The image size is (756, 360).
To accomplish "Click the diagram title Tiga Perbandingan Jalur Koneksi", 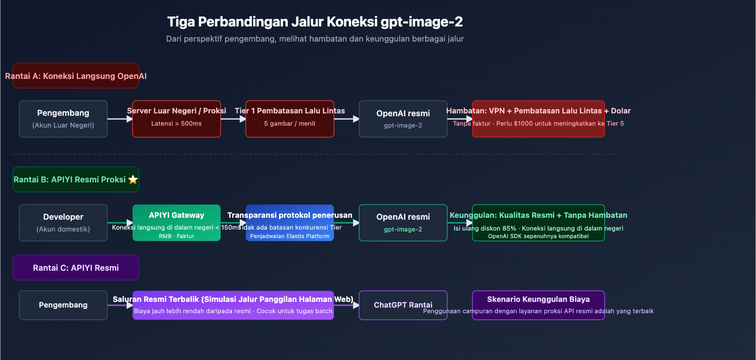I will click(x=315, y=22).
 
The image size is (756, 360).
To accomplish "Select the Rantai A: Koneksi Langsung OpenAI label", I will click(x=76, y=76).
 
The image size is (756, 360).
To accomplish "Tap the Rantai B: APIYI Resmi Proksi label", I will click(x=70, y=180).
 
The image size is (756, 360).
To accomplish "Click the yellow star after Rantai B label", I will click(x=133, y=180).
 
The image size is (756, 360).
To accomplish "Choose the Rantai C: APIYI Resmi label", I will click(x=76, y=268).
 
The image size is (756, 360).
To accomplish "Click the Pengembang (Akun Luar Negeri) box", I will click(x=63, y=119).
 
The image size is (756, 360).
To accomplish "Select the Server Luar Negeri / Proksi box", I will click(x=176, y=119).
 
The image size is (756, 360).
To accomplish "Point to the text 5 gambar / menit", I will click(x=290, y=124).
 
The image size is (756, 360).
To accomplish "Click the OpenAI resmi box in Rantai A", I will click(x=403, y=119).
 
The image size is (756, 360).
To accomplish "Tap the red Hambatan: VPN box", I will click(x=538, y=119).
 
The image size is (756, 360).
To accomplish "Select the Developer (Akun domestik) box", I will click(x=63, y=223).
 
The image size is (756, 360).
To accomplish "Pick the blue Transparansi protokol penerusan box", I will click(x=290, y=223).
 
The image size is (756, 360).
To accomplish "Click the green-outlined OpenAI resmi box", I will click(x=403, y=223).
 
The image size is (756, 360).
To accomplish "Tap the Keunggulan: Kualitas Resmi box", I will click(x=538, y=223).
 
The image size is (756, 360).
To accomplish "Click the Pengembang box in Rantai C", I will click(x=63, y=305).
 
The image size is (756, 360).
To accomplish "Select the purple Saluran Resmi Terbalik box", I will click(x=233, y=305).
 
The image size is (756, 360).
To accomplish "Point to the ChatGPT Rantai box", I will click(x=403, y=305).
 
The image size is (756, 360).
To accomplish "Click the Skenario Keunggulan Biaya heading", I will click(x=538, y=300).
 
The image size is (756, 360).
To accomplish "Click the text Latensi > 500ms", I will click(x=176, y=124).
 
